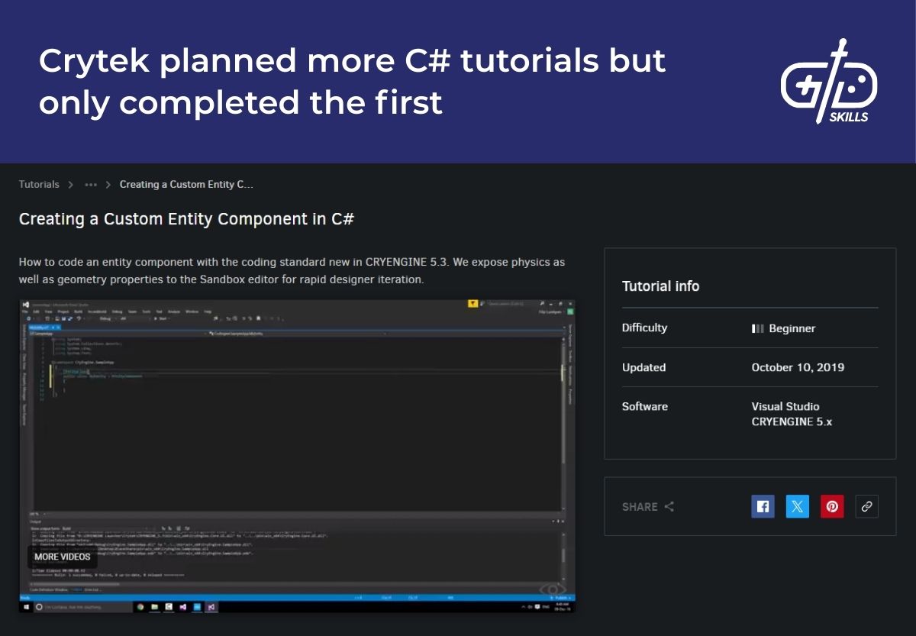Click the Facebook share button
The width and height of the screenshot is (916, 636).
763,506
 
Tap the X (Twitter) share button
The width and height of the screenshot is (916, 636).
798,506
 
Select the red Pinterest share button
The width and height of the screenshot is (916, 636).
832,506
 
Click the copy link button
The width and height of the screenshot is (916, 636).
866,506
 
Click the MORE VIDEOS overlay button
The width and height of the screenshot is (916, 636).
63,557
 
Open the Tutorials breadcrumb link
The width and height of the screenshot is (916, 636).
39,184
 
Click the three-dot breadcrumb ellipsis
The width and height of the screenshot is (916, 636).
91,184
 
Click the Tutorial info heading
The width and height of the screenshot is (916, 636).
660,286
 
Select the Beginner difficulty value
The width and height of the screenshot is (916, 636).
792,328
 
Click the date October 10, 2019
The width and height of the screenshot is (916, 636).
798,367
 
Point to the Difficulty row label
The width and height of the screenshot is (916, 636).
644,328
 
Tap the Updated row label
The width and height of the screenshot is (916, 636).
643,367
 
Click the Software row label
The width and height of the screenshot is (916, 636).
645,406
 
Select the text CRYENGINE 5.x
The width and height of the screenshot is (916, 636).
792,421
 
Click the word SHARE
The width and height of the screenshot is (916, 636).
640,507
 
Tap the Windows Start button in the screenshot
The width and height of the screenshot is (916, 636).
27,607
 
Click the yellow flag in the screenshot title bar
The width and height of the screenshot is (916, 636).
473,303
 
